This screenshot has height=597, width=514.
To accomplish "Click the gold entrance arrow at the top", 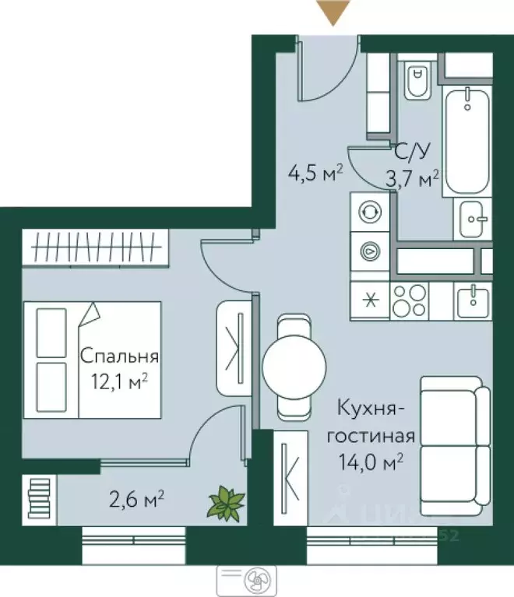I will (x=333, y=12).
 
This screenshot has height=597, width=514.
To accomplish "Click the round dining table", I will (x=294, y=367).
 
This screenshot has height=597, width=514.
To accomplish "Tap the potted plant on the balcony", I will (x=226, y=502).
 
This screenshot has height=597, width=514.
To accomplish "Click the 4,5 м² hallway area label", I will (x=315, y=172).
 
